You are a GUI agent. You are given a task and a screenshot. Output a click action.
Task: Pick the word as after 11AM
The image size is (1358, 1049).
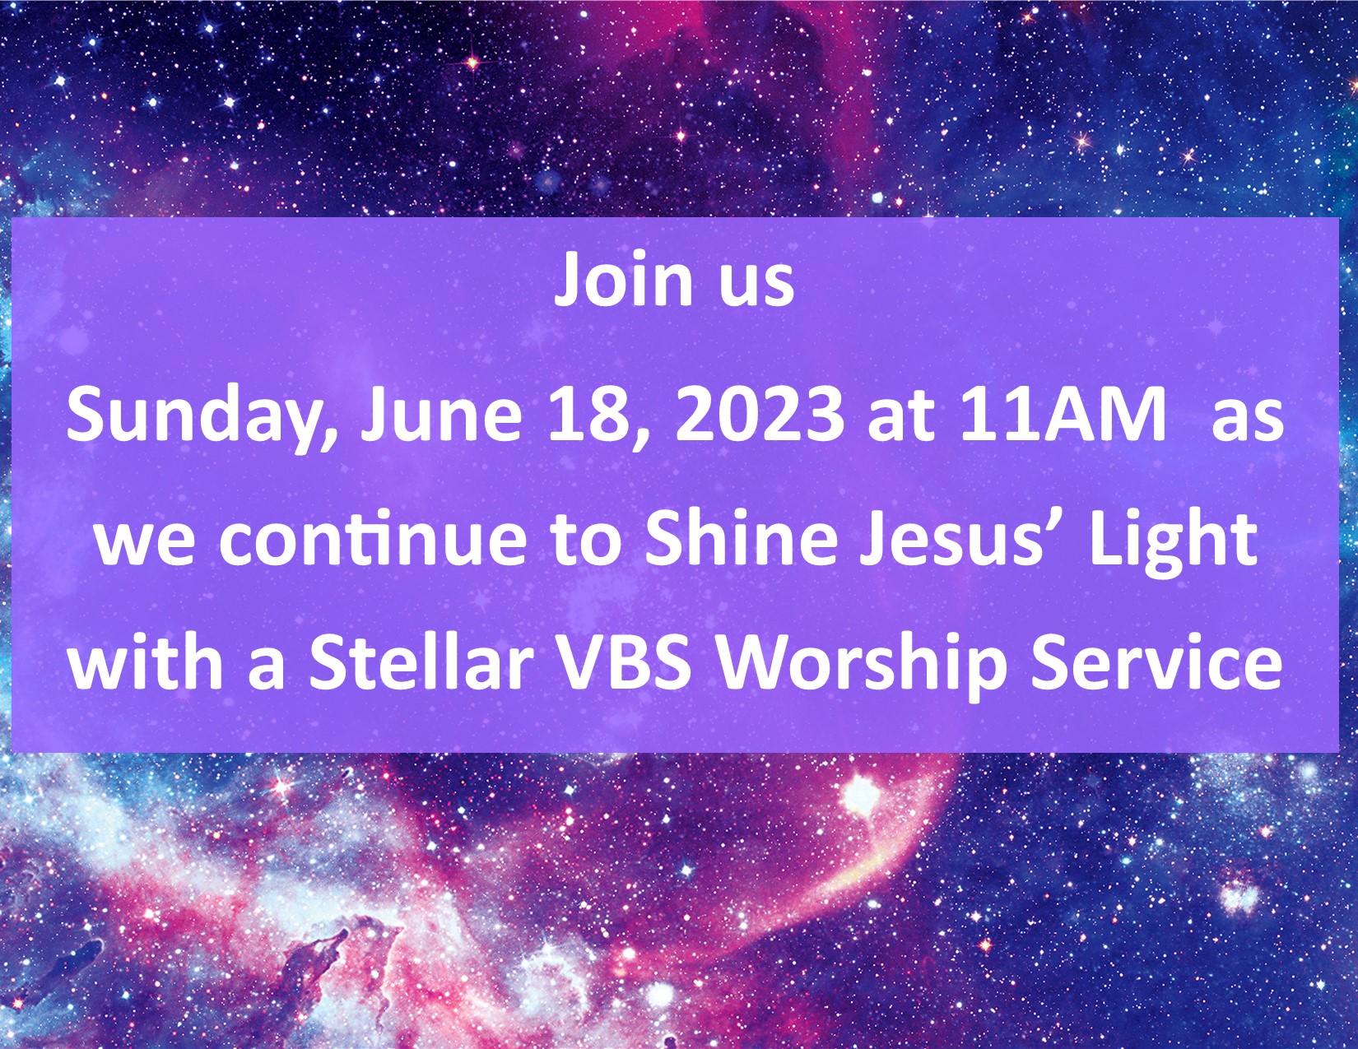pyautogui.click(x=1248, y=422)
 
